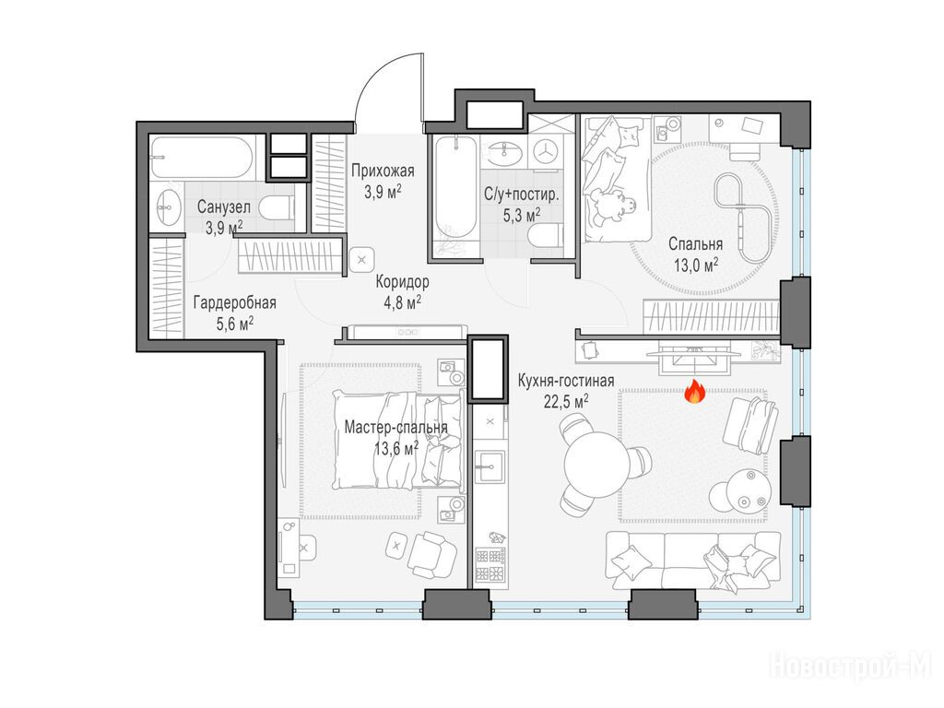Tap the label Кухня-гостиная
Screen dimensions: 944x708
pyautogui.click(x=566, y=381)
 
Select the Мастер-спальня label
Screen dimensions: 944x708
pyautogui.click(x=395, y=428)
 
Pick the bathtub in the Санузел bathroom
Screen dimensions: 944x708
pyautogui.click(x=201, y=157)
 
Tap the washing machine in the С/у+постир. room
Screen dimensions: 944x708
pyautogui.click(x=546, y=150)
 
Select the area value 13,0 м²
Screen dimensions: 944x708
pyautogui.click(x=696, y=265)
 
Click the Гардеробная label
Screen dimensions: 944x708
pyautogui.click(x=235, y=302)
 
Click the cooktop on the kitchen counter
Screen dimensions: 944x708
pyautogui.click(x=490, y=564)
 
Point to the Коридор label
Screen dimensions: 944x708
pyautogui.click(x=402, y=282)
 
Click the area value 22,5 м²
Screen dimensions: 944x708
pyautogui.click(x=566, y=402)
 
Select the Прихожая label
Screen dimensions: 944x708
pyautogui.click(x=383, y=171)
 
